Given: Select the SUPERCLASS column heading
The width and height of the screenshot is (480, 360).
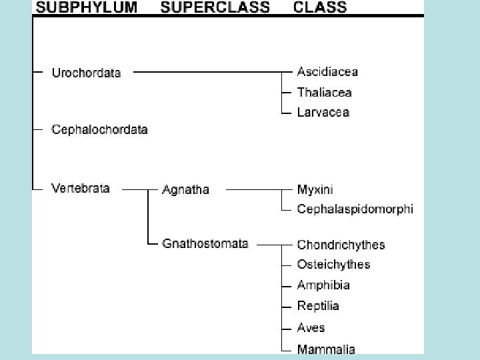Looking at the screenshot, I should tap(215, 8).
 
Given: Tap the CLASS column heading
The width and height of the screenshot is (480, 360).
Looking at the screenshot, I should tap(320, 8).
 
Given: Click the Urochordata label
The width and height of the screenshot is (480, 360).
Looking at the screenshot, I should tap(86, 73).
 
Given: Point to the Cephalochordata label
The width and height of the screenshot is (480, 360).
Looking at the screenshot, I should tap(99, 129).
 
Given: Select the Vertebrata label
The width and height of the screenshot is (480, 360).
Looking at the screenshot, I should tap(81, 188).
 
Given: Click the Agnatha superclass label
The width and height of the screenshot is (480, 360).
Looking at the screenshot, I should tap(185, 189).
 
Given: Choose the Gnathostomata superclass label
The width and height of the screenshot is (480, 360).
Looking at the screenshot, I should tap(205, 243).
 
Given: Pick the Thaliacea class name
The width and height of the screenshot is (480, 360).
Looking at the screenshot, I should tap(324, 92).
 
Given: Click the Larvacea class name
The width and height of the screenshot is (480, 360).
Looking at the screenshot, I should tap(323, 112).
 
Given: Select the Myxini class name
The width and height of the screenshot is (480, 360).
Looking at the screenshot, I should tap(315, 189).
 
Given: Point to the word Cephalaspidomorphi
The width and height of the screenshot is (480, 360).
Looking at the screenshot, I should tap(355, 209).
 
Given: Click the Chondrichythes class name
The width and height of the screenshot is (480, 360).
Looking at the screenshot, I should tap(341, 245).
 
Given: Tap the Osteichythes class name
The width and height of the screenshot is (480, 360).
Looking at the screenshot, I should tap(333, 265).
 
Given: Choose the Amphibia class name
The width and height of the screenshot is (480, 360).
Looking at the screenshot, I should tap(323, 285).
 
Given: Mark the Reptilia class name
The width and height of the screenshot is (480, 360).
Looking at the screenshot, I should tap(318, 306).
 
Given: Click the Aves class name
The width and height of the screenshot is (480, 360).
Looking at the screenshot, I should tap(311, 327).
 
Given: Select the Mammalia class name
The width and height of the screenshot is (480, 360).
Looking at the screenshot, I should tap(326, 348).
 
